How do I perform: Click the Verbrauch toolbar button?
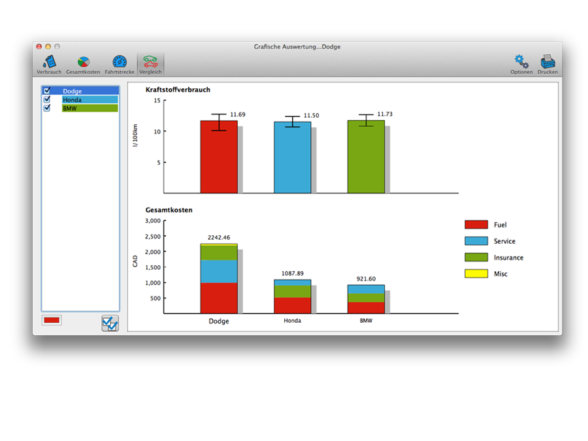49,63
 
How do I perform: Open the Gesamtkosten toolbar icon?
83,63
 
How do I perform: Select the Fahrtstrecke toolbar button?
120,63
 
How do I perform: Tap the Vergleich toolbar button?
151,63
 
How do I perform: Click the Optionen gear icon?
521,63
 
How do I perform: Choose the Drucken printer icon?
547,63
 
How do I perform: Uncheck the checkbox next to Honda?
46,99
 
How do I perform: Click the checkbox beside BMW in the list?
46,108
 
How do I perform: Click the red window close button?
39,47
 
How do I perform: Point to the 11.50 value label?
311,116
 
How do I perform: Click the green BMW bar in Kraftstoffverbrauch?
366,157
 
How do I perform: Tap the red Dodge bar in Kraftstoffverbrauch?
219,157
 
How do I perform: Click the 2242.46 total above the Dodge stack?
219,237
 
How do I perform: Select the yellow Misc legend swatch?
476,274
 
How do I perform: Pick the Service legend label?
504,241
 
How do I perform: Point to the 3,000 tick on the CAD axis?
152,221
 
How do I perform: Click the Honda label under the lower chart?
292,321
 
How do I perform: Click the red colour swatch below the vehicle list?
52,320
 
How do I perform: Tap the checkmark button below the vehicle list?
110,323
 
